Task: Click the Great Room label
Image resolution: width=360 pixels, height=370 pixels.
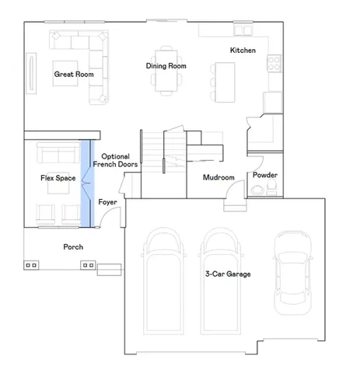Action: [x=74, y=75]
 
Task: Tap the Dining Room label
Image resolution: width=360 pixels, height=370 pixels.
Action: [x=166, y=66]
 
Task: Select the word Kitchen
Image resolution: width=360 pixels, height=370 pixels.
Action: [x=243, y=51]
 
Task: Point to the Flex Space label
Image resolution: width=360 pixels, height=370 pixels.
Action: [x=58, y=178]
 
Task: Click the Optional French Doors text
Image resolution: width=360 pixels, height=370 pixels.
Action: [x=115, y=160]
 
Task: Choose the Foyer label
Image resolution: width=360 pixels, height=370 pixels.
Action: [x=107, y=202]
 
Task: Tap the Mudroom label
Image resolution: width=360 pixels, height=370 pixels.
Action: [x=218, y=177]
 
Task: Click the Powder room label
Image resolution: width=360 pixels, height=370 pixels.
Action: [x=265, y=175]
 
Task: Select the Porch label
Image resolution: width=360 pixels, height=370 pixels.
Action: [x=73, y=247]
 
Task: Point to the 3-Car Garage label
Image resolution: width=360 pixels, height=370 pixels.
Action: [x=228, y=274]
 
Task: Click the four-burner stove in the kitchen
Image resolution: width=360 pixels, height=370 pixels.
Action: [x=274, y=64]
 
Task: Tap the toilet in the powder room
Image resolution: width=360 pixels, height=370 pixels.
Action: [x=272, y=187]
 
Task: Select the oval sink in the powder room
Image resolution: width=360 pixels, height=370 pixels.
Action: [x=257, y=190]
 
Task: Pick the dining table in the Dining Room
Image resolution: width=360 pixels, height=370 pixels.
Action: [x=166, y=71]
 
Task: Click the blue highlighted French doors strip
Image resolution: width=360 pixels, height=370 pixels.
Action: [x=87, y=183]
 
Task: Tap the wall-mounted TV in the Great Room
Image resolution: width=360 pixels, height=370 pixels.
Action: [x=31, y=73]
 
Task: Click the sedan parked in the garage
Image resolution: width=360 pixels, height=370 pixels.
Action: [x=293, y=272]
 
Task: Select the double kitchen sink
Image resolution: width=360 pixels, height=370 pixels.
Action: [x=243, y=30]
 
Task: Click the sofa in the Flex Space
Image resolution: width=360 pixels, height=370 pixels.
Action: [x=58, y=153]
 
